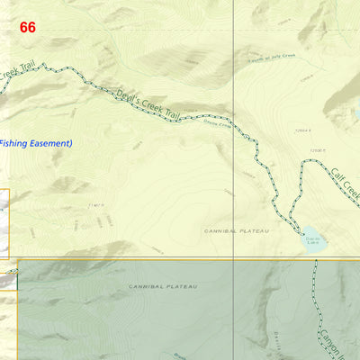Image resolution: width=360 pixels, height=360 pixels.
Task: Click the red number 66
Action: coord(28,28)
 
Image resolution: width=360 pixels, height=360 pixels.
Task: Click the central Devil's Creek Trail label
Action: coord(148,103)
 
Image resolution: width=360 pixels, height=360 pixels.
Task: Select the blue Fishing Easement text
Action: coord(35,143)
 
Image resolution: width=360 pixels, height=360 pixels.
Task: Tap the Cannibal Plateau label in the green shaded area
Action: coord(163,286)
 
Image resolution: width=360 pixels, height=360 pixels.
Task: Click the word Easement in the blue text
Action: coord(49,143)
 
